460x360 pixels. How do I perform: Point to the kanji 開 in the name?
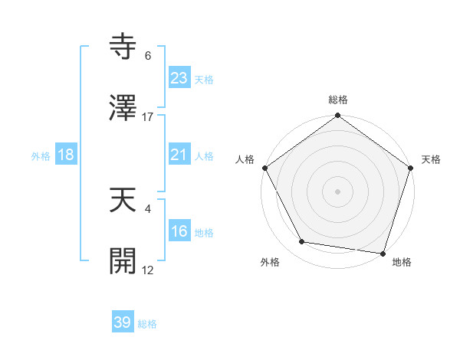pyautogui.click(x=123, y=260)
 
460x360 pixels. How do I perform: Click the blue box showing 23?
pyautogui.click(x=179, y=78)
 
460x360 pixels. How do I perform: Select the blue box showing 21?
pyautogui.click(x=179, y=155)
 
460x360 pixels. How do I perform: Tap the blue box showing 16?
pyautogui.click(x=179, y=231)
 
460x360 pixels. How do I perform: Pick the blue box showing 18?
pyautogui.click(x=66, y=155)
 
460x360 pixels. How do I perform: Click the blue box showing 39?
pyautogui.click(x=123, y=322)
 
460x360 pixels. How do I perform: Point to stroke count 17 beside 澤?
pyautogui.click(x=148, y=117)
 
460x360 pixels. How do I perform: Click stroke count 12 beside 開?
pyautogui.click(x=148, y=270)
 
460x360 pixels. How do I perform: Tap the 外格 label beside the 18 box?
pyautogui.click(x=41, y=155)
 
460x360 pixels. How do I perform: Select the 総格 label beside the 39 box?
pyautogui.click(x=147, y=324)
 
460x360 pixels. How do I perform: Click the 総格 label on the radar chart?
pyautogui.click(x=338, y=100)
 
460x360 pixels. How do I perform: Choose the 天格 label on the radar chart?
pyautogui.click(x=432, y=160)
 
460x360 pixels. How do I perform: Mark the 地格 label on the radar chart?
pyautogui.click(x=402, y=263)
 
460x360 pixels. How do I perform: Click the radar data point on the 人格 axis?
pyautogui.click(x=265, y=168)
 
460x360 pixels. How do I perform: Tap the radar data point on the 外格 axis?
pyautogui.click(x=302, y=242)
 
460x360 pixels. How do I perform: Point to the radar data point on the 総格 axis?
pyautogui.click(x=338, y=117)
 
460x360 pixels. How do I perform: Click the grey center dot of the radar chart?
pyautogui.click(x=338, y=191)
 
